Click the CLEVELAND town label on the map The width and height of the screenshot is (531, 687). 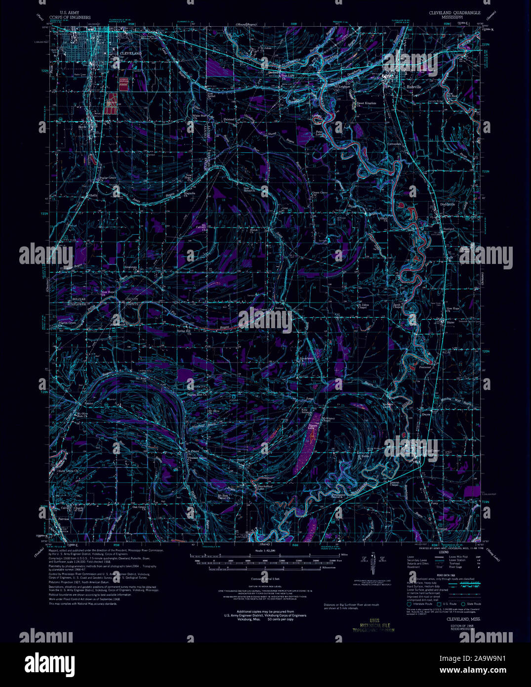(x=131, y=53)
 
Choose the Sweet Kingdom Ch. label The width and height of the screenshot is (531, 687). (x=367, y=103)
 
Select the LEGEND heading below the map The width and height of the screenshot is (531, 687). (x=430, y=552)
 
